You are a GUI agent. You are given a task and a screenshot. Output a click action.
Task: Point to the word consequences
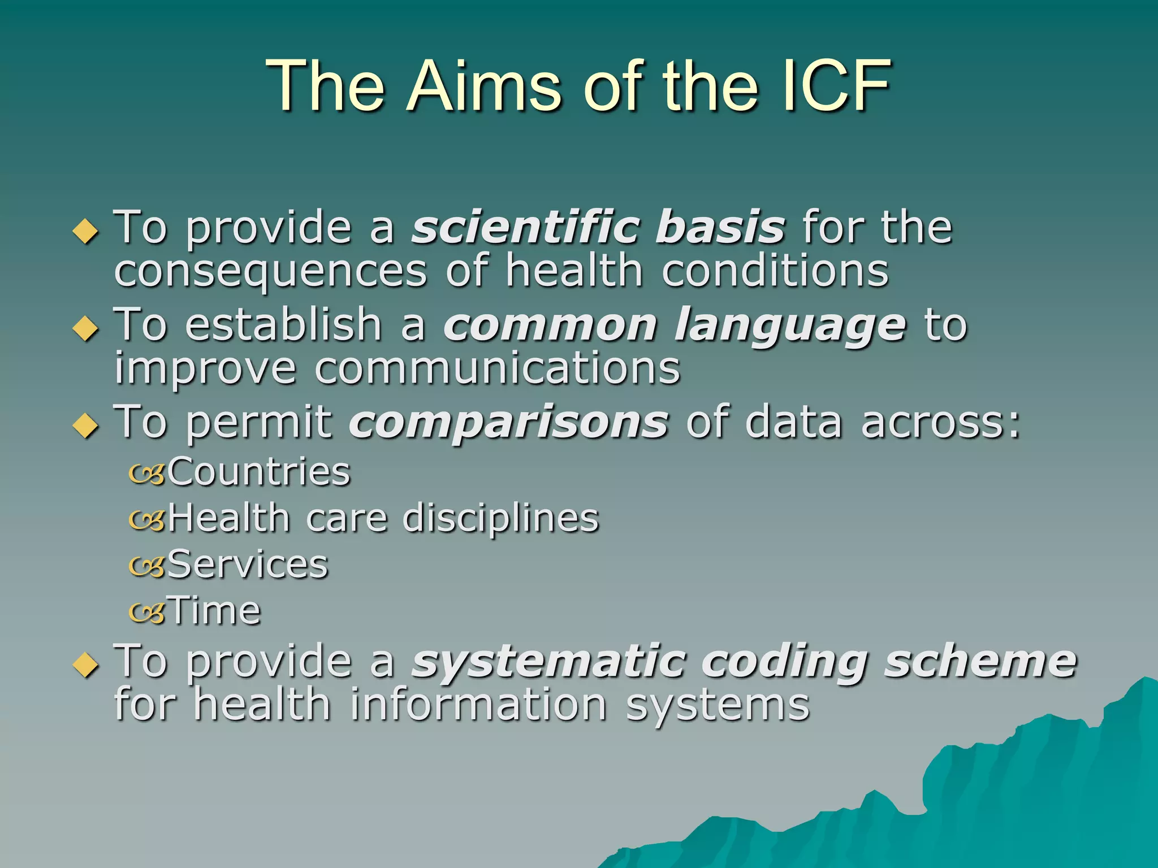pyautogui.click(x=270, y=271)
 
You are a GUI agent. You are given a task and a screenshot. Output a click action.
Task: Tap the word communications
pyautogui.click(x=497, y=368)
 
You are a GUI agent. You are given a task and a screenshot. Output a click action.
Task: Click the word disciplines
pyautogui.click(x=500, y=518)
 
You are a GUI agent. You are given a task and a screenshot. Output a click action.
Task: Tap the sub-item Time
pyautogui.click(x=215, y=611)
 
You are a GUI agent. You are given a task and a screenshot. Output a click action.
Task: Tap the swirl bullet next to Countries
pyautogui.click(x=147, y=474)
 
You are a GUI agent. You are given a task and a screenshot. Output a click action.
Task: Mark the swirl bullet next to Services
pyautogui.click(x=147, y=566)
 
